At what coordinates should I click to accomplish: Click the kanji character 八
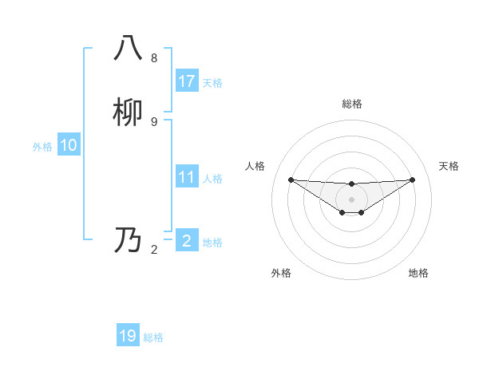[x=128, y=48]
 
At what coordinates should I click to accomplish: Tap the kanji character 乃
[x=128, y=240]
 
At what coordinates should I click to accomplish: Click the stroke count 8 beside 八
[x=154, y=58]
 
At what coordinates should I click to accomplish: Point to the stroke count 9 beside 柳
[x=154, y=121]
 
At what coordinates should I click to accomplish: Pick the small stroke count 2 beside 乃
[x=154, y=250]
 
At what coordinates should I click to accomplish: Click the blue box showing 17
[x=187, y=81]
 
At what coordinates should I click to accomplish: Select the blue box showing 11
[x=187, y=177]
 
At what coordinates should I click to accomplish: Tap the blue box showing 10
[x=69, y=145]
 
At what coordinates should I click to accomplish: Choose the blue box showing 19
[x=128, y=336]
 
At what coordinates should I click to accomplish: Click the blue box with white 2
[x=187, y=241]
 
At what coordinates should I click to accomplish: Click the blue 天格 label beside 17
[x=212, y=83]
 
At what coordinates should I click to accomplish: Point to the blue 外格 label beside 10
[x=42, y=147]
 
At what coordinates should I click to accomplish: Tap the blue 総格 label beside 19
[x=153, y=337]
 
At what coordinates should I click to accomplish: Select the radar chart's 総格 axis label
[x=351, y=104]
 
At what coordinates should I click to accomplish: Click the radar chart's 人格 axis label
[x=255, y=166]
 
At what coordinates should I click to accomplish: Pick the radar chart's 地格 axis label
[x=418, y=273]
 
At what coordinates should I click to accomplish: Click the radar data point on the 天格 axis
[x=412, y=180]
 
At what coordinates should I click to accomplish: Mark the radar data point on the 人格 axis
[x=291, y=180]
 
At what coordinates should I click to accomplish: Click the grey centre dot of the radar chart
[x=351, y=199]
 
